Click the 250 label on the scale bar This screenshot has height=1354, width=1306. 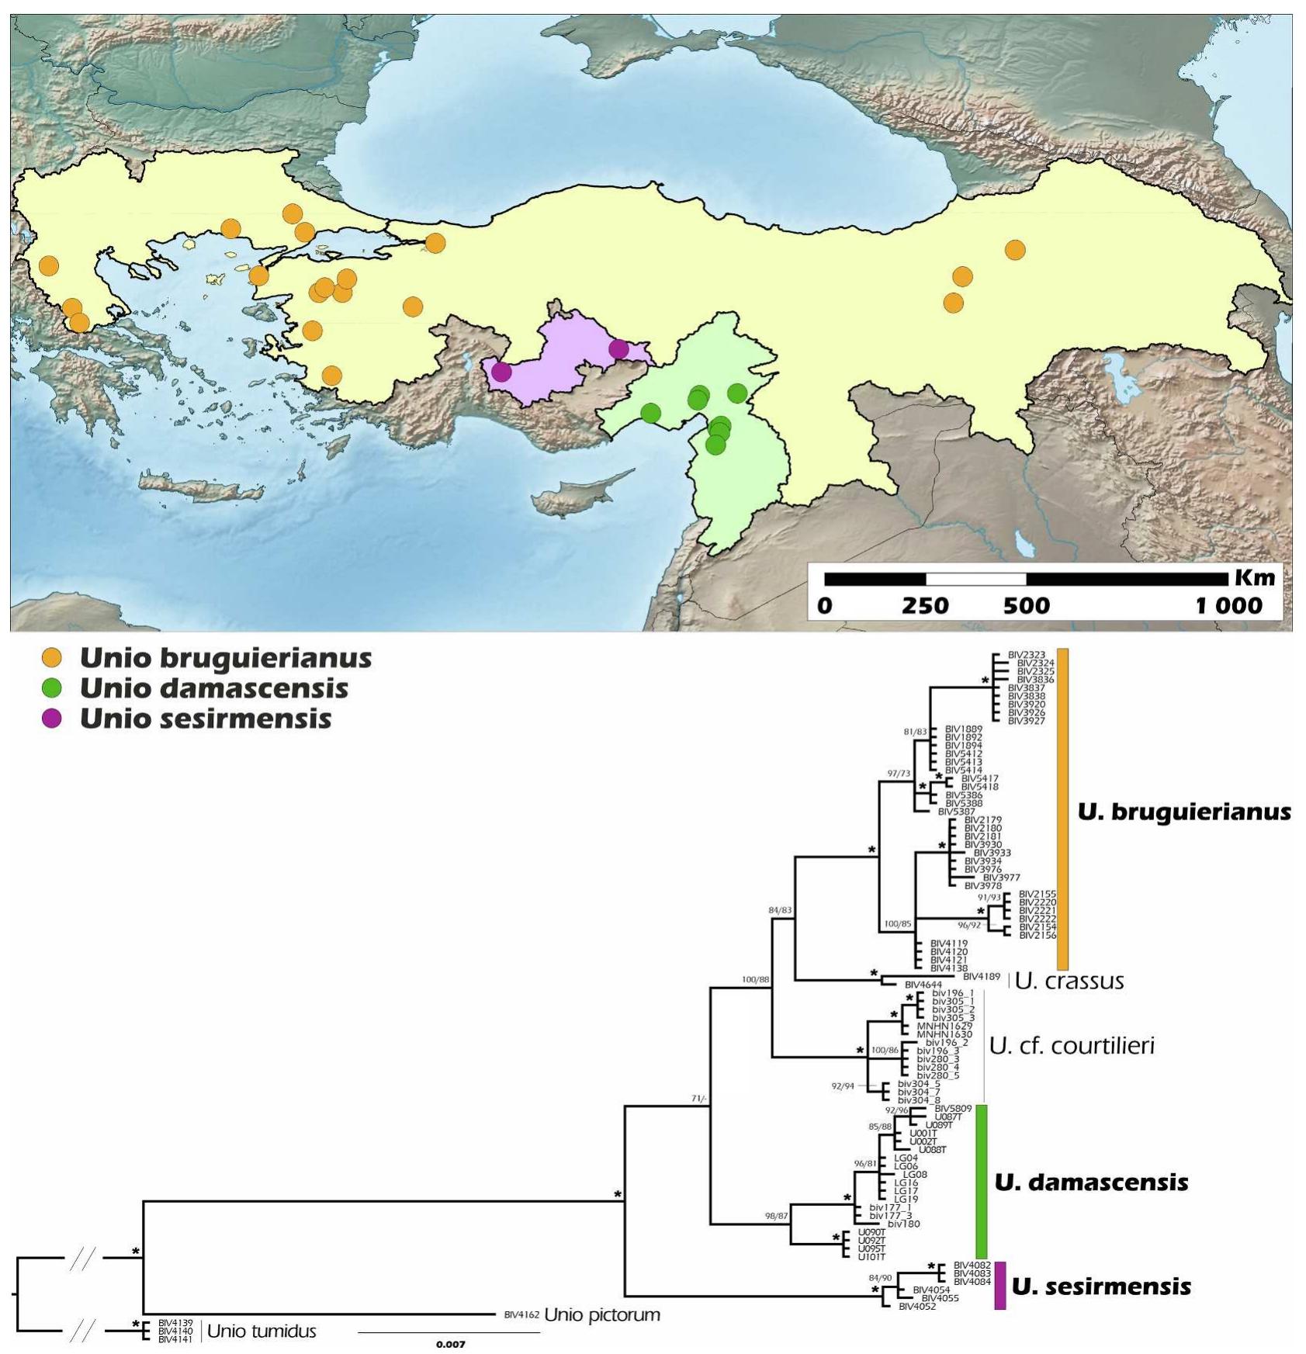[925, 606]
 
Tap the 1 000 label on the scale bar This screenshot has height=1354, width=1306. [1228, 606]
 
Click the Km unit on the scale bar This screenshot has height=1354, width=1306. [1254, 578]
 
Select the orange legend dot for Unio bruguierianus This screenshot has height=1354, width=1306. [51, 658]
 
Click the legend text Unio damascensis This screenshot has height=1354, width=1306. [213, 688]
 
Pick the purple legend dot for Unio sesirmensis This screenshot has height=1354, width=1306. [51, 719]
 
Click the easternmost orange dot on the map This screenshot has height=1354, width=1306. [1015, 250]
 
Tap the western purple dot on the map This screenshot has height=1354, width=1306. [501, 372]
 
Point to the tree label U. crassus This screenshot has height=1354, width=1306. [1069, 982]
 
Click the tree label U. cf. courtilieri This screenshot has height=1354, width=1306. [1072, 1046]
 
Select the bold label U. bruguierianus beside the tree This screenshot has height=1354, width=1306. [1183, 812]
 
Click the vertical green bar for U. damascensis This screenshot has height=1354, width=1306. [981, 1181]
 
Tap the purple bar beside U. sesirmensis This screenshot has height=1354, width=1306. [1000, 1286]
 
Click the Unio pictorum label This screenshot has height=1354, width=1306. [601, 1315]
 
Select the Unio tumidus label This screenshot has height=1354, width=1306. [262, 1331]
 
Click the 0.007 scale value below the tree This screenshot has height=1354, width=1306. [450, 1344]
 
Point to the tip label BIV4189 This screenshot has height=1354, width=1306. [981, 977]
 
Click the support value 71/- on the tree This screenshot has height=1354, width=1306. [698, 1099]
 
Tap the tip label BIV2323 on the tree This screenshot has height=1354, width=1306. [1026, 655]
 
